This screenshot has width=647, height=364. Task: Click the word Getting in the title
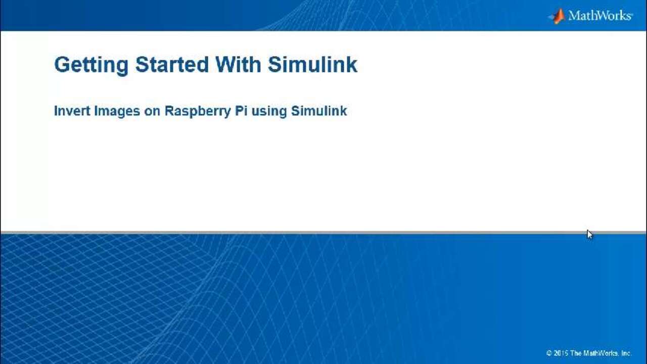click(91, 65)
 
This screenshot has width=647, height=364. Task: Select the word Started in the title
click(172, 64)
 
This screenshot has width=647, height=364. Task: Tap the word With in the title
click(238, 64)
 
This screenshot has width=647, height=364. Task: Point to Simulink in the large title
click(312, 64)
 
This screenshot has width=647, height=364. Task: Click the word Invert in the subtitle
click(72, 111)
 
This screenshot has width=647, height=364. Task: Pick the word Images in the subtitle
click(117, 112)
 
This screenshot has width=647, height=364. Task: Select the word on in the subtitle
click(152, 112)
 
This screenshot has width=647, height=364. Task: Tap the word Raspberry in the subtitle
click(198, 112)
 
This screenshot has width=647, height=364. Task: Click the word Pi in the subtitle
click(241, 111)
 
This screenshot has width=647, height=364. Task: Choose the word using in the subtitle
click(269, 112)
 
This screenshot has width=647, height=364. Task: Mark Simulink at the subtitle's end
click(319, 111)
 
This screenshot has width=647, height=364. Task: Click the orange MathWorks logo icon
click(557, 16)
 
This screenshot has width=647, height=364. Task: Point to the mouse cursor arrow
click(589, 235)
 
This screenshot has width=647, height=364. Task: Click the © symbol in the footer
click(549, 353)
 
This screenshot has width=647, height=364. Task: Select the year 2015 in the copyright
click(561, 353)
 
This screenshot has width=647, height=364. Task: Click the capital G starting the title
click(63, 64)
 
